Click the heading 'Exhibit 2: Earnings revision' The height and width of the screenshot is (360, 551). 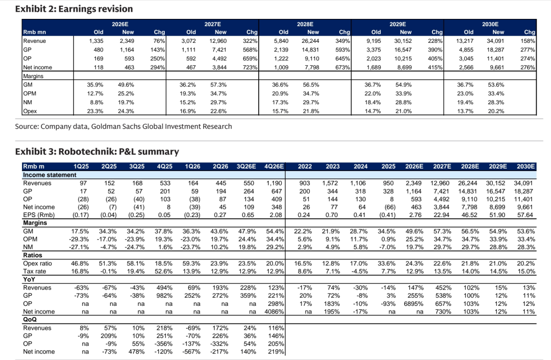coord(74,9)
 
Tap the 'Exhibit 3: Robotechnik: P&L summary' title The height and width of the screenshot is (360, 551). coord(97,152)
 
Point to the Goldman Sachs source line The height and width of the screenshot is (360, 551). coord(123,126)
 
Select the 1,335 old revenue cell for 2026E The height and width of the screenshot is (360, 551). coord(96,41)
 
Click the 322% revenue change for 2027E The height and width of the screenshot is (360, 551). coord(250,41)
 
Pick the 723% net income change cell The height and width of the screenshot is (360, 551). coord(250,67)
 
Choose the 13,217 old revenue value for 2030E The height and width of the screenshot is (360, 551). coord(465,41)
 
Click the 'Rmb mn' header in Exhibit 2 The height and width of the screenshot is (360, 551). coord(35,32)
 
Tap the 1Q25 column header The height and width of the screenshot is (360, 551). coord(81,166)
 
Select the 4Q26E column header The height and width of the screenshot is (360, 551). coord(274,166)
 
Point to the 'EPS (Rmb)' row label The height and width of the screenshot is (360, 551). coord(38,215)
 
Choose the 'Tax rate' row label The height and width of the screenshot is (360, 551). coord(35,271)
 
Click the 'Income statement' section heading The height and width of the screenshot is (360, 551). coord(49,175)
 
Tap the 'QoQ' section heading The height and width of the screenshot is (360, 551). coord(30,319)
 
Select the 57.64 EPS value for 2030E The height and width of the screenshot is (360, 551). coord(525,215)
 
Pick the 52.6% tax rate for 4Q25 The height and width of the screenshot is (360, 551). coord(163,271)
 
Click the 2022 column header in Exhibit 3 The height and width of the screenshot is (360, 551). coord(305,166)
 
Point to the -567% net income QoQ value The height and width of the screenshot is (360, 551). coord(191,351)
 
